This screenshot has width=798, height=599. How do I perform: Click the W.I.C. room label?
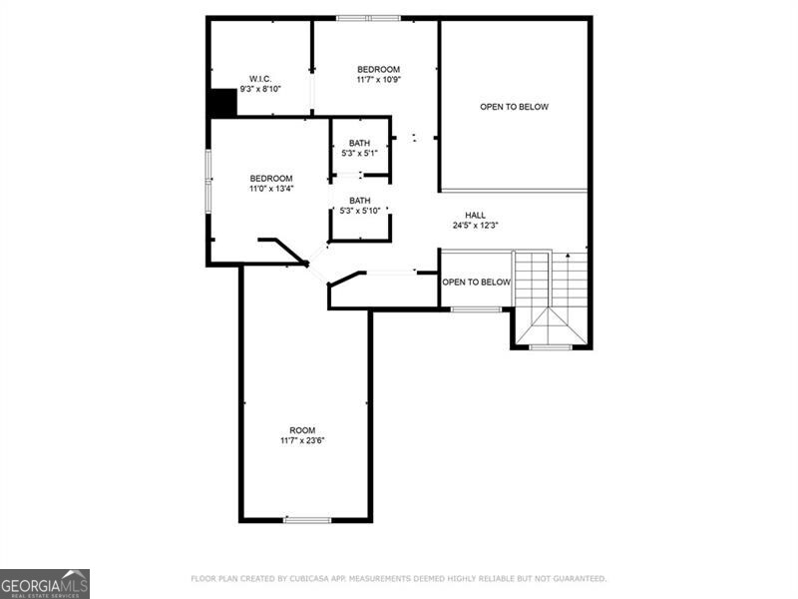(x=260, y=79)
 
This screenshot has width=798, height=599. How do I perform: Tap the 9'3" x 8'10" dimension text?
(x=260, y=89)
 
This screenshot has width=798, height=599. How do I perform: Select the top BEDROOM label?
(x=378, y=69)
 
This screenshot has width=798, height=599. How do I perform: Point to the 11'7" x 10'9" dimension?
(x=378, y=79)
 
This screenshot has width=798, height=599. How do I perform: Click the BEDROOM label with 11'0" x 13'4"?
(x=270, y=178)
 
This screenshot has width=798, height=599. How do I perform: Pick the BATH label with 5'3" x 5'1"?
(x=359, y=143)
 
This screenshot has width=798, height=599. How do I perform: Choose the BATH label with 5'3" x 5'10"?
(x=359, y=200)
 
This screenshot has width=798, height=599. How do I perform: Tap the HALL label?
(x=475, y=215)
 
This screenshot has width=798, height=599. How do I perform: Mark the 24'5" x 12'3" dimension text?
(x=475, y=226)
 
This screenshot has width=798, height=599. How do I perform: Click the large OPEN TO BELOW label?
(x=514, y=107)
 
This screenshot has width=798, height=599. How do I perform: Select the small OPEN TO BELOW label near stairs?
(x=476, y=283)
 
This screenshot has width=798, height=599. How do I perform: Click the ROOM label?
(x=302, y=430)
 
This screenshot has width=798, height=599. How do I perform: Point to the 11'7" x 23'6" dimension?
(x=302, y=440)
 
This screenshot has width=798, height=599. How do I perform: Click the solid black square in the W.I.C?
(x=221, y=103)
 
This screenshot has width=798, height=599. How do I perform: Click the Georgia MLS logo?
(x=45, y=583)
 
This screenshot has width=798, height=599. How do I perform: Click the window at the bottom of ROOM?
(x=307, y=519)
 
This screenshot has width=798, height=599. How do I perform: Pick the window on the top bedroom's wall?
(x=367, y=18)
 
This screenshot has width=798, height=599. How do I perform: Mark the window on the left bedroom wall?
(x=208, y=181)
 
